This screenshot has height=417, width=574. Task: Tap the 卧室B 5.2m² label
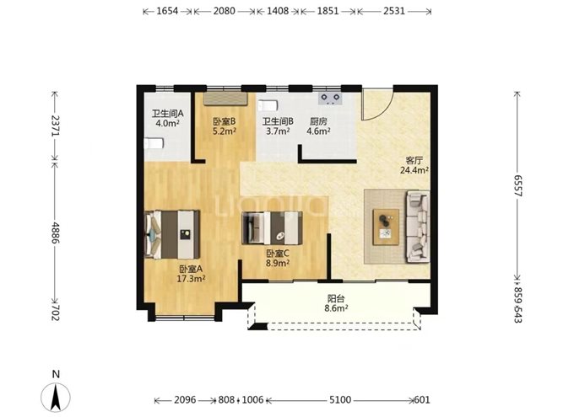pos(224,126)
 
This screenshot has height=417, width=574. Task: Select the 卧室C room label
pos(278,258)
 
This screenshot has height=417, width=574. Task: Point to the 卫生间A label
pos(167,119)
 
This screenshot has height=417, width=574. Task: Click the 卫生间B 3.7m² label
pos(277,126)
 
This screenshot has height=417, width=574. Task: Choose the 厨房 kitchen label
pos(317,126)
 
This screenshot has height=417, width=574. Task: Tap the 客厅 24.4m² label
pos(414,164)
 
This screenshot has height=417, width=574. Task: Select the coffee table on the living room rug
pos(385,224)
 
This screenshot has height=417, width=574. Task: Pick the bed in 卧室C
pos(271,227)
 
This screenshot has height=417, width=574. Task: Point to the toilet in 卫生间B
pos(268,107)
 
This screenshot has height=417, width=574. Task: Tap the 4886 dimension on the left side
pos(56,231)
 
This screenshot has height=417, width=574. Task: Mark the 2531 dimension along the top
pos(393,13)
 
